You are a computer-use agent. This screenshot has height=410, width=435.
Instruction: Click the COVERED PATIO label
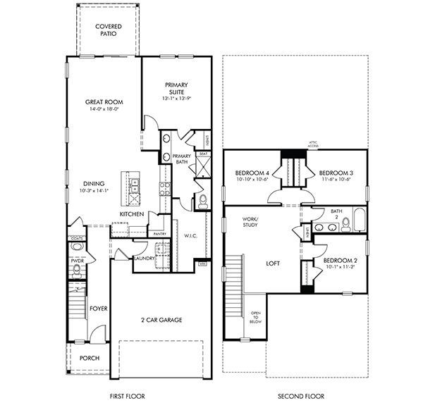tap(108, 30)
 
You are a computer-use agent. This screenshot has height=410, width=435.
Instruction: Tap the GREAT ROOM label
tap(104, 101)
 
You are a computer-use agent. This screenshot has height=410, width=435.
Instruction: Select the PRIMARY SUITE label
tap(176, 89)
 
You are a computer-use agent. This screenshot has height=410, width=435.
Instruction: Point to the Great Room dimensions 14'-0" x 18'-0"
tap(104, 110)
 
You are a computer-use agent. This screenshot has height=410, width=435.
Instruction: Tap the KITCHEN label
tap(132, 213)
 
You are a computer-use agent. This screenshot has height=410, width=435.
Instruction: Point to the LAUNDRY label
tap(145, 258)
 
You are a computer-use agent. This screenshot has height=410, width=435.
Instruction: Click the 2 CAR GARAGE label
tap(161, 320)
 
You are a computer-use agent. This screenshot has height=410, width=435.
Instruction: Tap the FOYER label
tap(97, 309)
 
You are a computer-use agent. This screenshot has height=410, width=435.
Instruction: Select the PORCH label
tap(89, 358)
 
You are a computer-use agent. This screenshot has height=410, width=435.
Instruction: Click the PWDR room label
tap(78, 260)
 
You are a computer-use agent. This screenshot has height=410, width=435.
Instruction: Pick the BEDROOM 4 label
tap(252, 173)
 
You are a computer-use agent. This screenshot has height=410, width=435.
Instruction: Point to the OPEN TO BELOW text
tap(255, 317)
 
